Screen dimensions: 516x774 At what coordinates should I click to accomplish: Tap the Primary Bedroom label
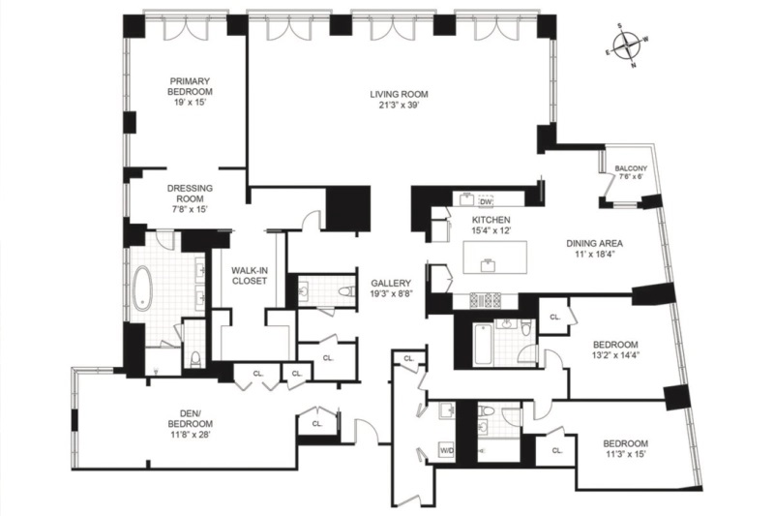191,86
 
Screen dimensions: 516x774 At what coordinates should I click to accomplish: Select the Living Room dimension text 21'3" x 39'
398,106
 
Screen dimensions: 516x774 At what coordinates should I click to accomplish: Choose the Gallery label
391,283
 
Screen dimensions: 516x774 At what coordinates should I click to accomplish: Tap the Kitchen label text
491,220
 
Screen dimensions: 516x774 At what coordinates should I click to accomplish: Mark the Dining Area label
593,243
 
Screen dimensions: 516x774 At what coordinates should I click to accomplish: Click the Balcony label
631,170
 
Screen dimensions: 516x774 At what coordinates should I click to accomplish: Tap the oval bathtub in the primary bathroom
144,288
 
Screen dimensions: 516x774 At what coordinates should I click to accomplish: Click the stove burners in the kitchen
485,300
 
